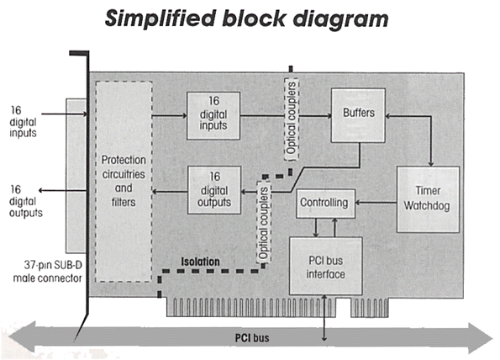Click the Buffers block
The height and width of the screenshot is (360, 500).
coord(358,115)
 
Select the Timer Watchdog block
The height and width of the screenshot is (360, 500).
coord(428,199)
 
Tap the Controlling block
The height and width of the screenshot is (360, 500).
coord(325,204)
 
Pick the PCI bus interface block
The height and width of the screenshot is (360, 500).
coord(325,266)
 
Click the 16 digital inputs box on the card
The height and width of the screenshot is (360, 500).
coord(213,115)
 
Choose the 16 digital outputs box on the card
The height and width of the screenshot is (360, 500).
coord(214,190)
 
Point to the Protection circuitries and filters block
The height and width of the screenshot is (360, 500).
coord(124,182)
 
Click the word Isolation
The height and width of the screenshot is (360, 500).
coord(200,262)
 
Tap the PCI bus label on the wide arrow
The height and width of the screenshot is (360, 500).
coord(252,338)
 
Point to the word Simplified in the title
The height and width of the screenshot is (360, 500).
coord(161,19)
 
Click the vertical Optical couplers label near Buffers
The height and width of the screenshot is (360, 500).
coord(292,119)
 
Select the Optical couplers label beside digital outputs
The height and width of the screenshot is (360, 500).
coord(264,222)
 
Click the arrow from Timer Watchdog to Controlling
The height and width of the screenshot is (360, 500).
coord(376,203)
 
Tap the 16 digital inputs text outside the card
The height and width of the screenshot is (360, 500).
coord(23,122)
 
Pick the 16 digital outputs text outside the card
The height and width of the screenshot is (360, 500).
coord(25,201)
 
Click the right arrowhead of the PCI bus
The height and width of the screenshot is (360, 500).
coord(480,338)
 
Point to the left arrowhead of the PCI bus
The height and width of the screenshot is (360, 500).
coord(22,337)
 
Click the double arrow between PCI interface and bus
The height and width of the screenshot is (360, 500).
coord(324,318)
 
